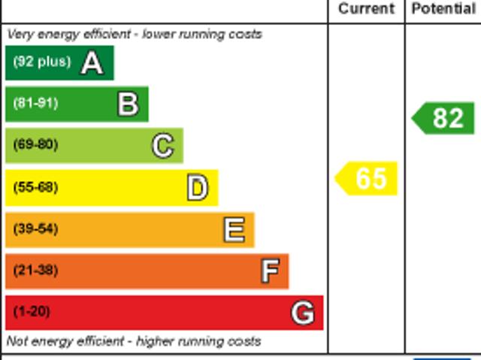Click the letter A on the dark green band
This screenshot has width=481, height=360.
92,63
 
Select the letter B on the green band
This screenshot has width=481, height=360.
128,104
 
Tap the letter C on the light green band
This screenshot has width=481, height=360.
162,146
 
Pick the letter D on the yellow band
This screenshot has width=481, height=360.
197,188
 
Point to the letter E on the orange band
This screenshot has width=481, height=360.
234,230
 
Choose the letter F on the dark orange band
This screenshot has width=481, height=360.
269,271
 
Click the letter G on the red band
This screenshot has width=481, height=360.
302,313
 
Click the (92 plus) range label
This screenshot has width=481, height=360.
41,62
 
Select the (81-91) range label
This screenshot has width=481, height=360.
35,103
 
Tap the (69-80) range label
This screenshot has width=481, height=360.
35,144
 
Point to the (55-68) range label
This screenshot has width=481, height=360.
35,187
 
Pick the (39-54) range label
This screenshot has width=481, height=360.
35,228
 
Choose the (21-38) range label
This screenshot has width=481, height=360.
35,270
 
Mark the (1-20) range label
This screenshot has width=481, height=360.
32,311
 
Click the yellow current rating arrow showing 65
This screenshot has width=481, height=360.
367,179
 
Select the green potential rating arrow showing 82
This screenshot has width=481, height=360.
444,119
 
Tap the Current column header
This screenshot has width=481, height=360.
366,9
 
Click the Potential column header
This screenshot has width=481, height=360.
443,9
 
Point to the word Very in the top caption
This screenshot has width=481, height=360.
20,35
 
